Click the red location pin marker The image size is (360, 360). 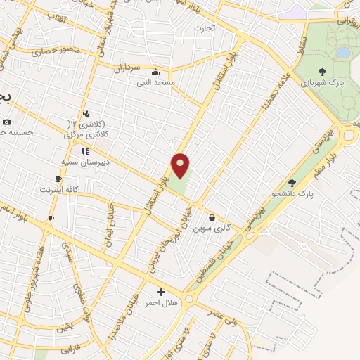tap(181, 166)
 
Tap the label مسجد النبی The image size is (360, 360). tap(156, 82)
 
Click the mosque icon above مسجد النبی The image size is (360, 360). tap(155, 72)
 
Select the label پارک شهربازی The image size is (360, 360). tap(322, 82)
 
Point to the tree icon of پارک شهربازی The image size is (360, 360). tap(322, 71)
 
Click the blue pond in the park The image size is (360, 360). tap(342, 52)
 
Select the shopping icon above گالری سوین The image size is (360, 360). tap(212, 218)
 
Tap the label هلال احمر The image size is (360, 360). tap(161, 302)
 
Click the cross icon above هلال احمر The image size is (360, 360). tap(161, 292)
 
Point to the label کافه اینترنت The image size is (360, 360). tap(57, 190)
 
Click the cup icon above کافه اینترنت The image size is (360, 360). tap(59, 179)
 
